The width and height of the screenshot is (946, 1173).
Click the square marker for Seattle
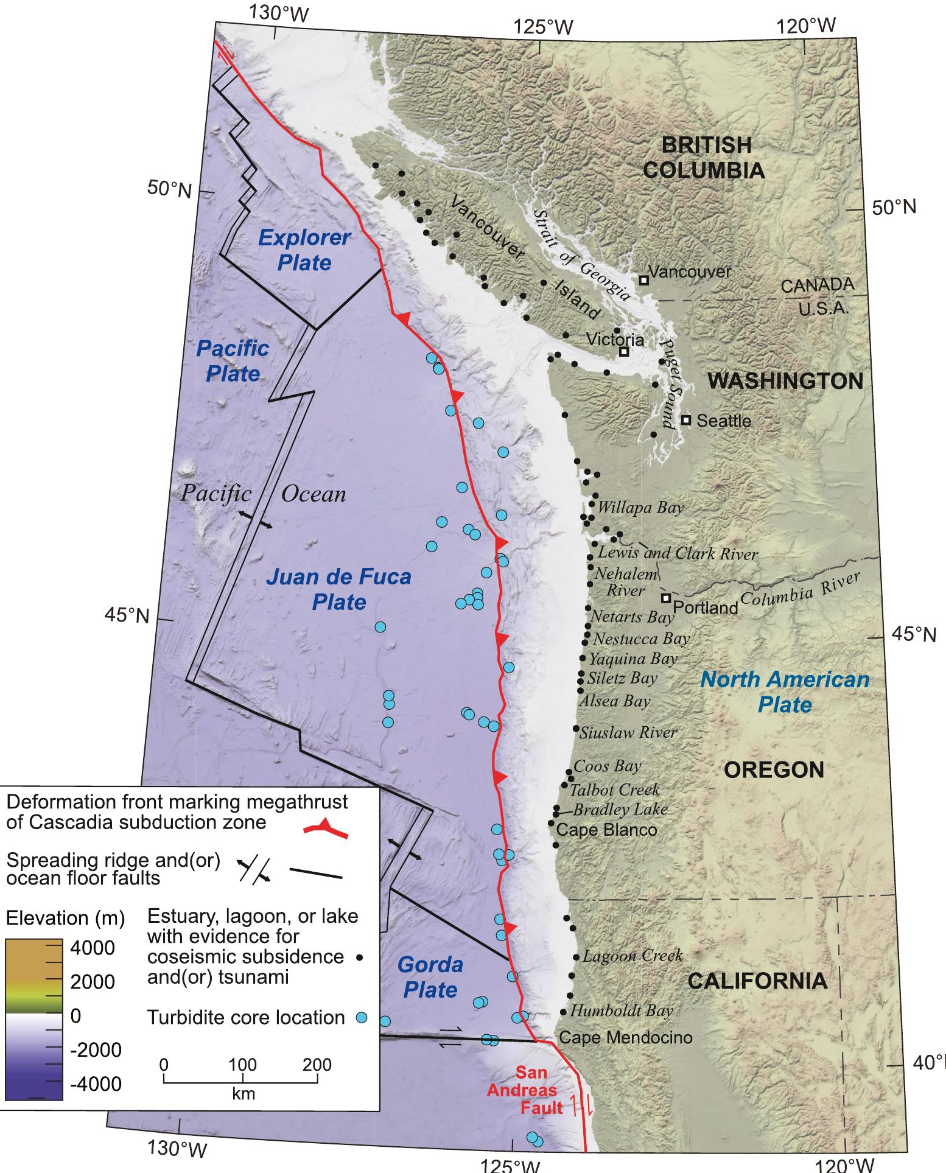pyautogui.click(x=686, y=420)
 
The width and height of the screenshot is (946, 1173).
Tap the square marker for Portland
pyautogui.click(x=666, y=598)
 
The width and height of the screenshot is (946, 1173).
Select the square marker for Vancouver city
pyautogui.click(x=643, y=280)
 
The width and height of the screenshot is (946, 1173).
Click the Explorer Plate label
pyautogui.click(x=304, y=250)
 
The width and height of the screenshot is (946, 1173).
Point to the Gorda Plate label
pyautogui.click(x=430, y=977)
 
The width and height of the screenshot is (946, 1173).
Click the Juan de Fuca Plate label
pyautogui.click(x=338, y=589)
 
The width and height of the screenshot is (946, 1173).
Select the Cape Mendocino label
pyautogui.click(x=625, y=1037)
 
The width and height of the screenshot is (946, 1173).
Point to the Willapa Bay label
pyautogui.click(x=641, y=507)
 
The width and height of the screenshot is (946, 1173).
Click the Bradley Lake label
pyautogui.click(x=620, y=809)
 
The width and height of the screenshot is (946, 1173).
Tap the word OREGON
pyautogui.click(x=774, y=770)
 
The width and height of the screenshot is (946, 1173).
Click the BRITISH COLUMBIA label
pyautogui.click(x=704, y=158)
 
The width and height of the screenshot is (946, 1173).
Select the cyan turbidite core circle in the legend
pyautogui.click(x=361, y=1017)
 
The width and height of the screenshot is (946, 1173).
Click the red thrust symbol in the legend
pyautogui.click(x=326, y=827)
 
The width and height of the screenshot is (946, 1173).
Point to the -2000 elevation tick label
pyautogui.click(x=97, y=1050)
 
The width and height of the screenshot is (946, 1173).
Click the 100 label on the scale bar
pyautogui.click(x=242, y=1065)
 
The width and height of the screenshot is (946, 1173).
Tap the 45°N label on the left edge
pyautogui.click(x=127, y=615)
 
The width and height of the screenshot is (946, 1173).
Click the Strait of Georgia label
pyautogui.click(x=580, y=255)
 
